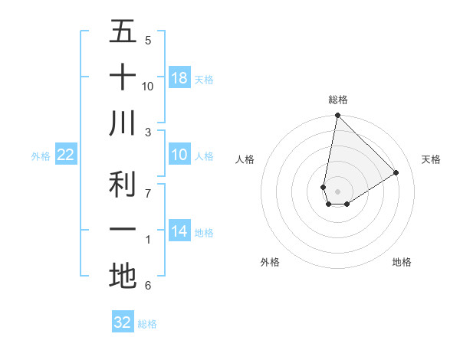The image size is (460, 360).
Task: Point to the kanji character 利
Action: point(123,184)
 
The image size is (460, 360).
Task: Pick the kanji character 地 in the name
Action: point(123,276)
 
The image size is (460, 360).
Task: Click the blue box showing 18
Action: point(179,77)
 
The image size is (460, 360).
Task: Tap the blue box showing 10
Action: point(179,155)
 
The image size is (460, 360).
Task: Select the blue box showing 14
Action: point(179,232)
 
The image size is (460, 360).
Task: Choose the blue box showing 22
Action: point(66,155)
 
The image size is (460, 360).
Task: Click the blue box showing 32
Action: point(123,322)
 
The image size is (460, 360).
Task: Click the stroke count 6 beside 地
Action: point(148,286)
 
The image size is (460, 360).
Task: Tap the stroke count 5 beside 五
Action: point(148,41)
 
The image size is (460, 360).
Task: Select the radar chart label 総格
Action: point(338,100)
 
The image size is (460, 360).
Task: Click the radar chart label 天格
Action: point(431,159)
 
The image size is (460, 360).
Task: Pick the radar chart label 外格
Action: point(270,262)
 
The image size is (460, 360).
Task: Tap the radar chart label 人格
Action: point(245,159)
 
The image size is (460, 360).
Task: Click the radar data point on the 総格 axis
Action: point(337,116)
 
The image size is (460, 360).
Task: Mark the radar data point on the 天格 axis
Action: point(396,172)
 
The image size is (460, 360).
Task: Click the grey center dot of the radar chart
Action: point(337,191)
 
